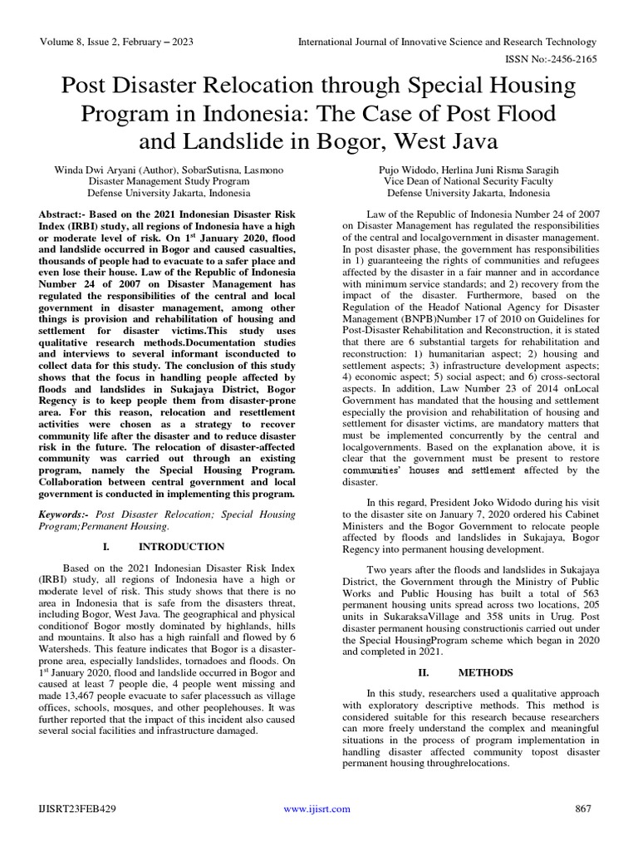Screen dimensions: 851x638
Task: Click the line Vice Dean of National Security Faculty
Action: pos(469,180)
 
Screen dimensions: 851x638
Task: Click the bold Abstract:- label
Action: pos(69,214)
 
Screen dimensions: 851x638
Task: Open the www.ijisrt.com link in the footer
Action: pos(317,809)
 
